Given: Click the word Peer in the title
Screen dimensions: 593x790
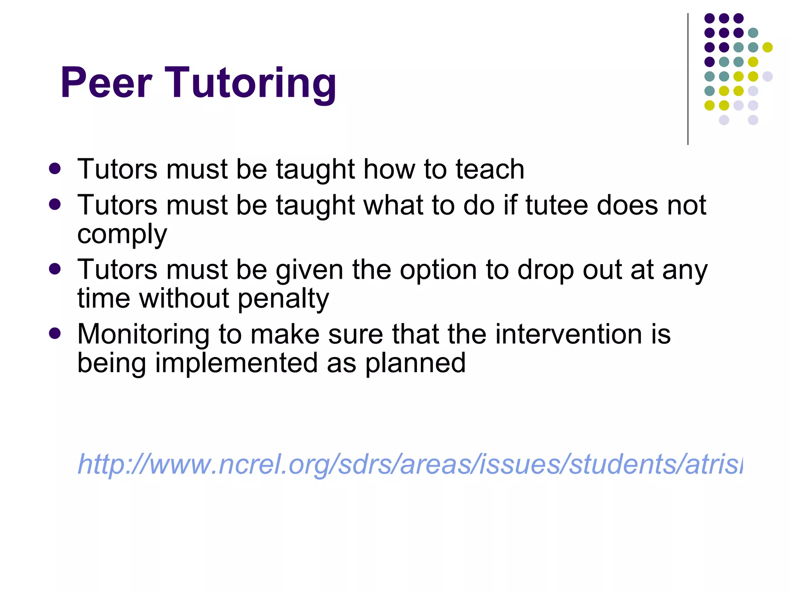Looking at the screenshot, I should click(106, 83).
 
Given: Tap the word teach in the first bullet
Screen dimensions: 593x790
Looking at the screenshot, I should click(490, 170).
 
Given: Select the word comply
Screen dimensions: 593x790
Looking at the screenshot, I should click(122, 235).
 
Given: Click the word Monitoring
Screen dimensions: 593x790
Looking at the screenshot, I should click(143, 334).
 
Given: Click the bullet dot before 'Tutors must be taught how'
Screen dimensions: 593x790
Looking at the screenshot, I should click(55, 169).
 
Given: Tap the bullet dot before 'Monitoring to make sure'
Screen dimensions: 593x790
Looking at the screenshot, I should click(55, 333).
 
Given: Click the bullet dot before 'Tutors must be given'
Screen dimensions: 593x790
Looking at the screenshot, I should click(55, 269).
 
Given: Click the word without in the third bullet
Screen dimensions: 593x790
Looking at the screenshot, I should click(184, 299).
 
